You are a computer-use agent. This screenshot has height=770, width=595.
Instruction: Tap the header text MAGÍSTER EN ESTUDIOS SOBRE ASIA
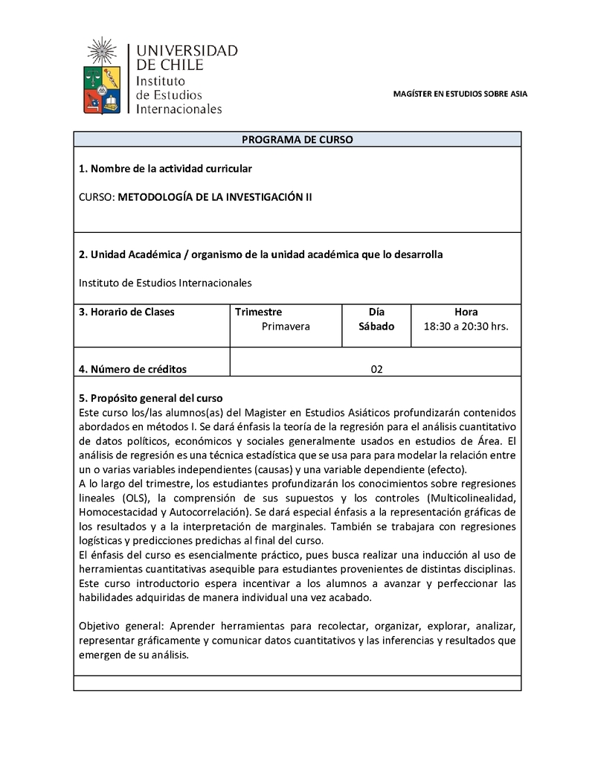click(x=460, y=94)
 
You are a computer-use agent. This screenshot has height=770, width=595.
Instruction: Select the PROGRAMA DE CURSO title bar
click(x=297, y=139)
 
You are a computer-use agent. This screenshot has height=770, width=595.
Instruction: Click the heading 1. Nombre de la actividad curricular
click(x=165, y=169)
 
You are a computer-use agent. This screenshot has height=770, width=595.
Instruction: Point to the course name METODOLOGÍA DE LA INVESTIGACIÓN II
click(x=215, y=197)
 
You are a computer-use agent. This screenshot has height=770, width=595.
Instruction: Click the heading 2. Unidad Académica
click(x=260, y=254)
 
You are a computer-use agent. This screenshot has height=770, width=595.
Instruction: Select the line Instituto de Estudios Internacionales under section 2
click(x=165, y=283)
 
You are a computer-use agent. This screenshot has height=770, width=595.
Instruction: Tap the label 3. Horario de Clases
click(x=126, y=312)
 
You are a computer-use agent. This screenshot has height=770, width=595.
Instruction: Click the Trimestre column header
click(x=258, y=312)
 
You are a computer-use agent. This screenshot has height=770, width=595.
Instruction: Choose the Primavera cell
click(x=286, y=326)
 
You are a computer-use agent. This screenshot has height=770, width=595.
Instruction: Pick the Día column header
click(x=377, y=312)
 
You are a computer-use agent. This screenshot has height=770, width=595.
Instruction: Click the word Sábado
click(x=377, y=326)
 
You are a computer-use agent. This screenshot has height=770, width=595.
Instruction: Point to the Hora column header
click(x=466, y=312)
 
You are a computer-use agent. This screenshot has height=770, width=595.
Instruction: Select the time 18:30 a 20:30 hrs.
click(x=466, y=326)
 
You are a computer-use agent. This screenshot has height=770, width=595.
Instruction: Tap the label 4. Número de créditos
click(x=132, y=369)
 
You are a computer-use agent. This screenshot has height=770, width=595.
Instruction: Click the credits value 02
click(x=376, y=369)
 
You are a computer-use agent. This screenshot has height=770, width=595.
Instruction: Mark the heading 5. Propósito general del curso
click(x=151, y=398)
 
